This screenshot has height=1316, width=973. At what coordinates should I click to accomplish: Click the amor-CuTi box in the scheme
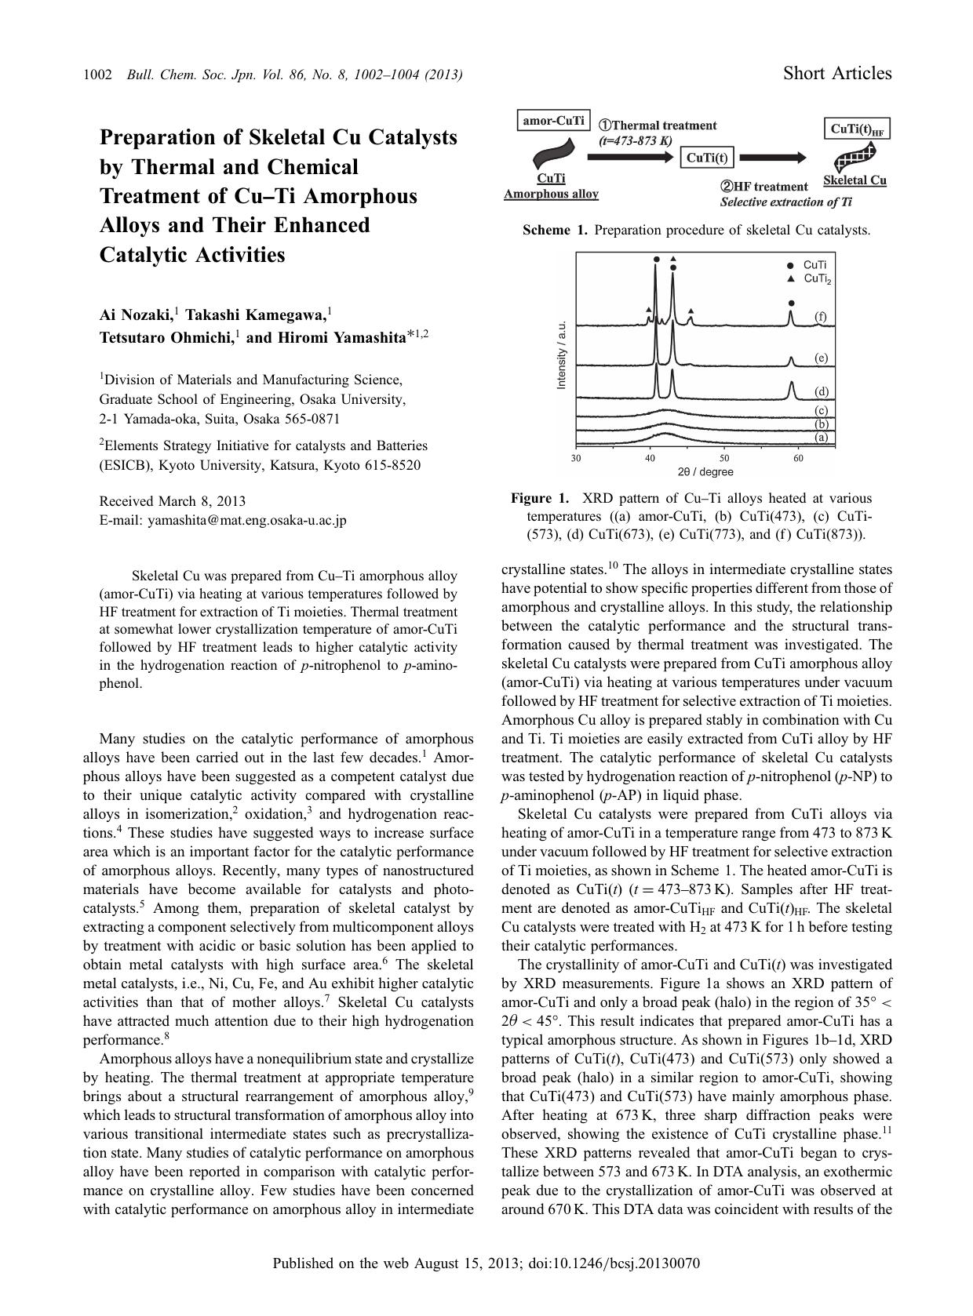[554, 121]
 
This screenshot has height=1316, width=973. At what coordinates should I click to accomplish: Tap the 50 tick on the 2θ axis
[723, 458]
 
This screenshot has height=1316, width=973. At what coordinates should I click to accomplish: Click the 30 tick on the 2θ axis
[576, 458]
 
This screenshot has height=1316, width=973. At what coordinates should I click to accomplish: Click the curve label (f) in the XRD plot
[820, 317]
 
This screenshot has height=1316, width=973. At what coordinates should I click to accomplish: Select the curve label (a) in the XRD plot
[821, 437]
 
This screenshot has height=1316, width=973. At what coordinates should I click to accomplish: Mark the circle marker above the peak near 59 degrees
[792, 303]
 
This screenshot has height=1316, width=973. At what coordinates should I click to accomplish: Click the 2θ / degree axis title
[705, 472]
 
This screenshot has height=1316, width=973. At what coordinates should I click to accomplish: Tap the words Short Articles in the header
[837, 74]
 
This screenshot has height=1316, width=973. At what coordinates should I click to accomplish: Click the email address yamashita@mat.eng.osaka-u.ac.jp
[246, 520]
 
